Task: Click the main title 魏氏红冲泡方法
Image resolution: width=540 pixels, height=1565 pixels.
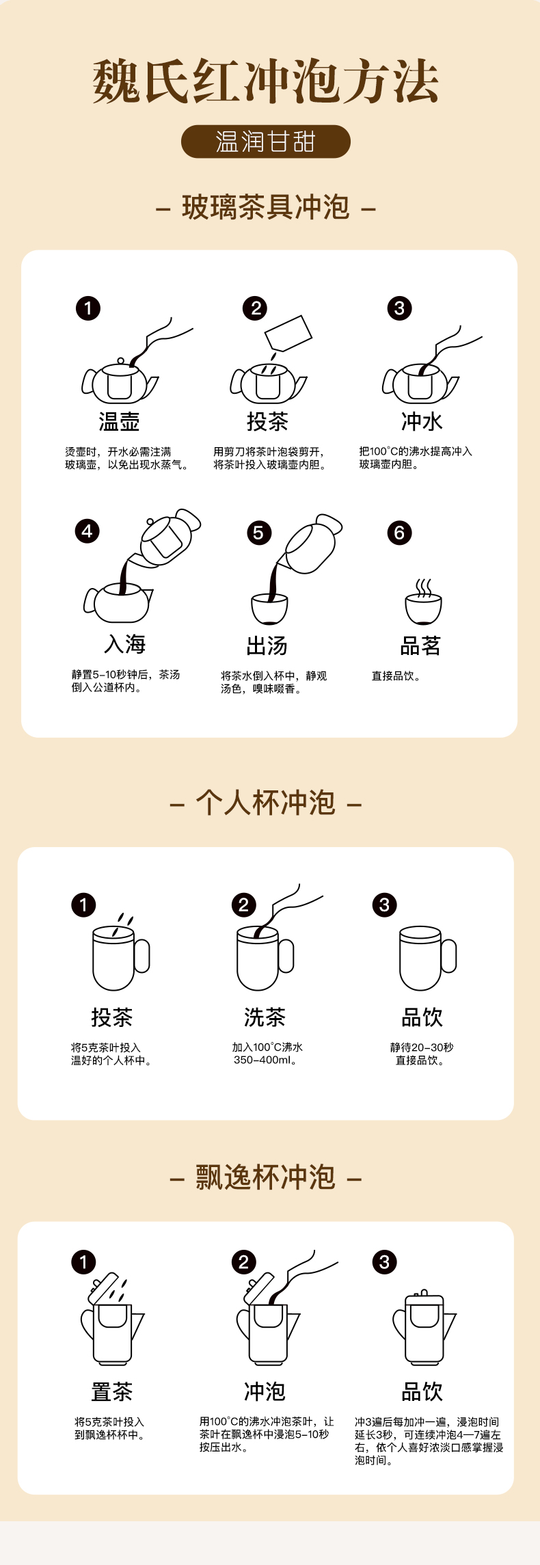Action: pyautogui.click(x=265, y=81)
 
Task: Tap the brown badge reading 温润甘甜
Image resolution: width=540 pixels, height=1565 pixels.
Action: pyautogui.click(x=265, y=142)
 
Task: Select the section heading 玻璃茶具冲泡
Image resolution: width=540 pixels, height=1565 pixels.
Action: pyautogui.click(x=266, y=207)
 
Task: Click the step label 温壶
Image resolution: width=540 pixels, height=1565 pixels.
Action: pyautogui.click(x=119, y=421)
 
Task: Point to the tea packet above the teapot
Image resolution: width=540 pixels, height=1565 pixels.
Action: pyautogui.click(x=288, y=333)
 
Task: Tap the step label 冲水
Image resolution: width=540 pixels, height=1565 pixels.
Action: pyautogui.click(x=422, y=421)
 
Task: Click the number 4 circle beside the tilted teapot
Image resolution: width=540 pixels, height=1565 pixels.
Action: pyautogui.click(x=87, y=531)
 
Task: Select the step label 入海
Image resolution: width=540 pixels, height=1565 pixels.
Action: pyautogui.click(x=125, y=644)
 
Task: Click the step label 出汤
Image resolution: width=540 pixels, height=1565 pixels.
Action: pyautogui.click(x=267, y=645)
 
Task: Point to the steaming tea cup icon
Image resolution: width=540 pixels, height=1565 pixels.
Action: pyautogui.click(x=424, y=602)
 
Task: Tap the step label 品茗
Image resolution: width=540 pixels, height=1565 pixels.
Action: pyautogui.click(x=420, y=645)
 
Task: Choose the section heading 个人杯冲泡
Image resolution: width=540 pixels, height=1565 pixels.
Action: pyautogui.click(x=266, y=803)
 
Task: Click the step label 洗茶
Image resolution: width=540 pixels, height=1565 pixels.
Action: pyautogui.click(x=265, y=1017)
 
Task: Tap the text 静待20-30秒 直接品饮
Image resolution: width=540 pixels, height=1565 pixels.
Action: pyautogui.click(x=421, y=1054)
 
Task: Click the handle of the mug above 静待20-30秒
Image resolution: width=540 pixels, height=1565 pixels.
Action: pyautogui.click(x=449, y=956)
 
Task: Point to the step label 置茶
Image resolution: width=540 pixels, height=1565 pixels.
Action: pyautogui.click(x=111, y=1391)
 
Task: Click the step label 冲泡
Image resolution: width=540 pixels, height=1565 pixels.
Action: pyautogui.click(x=265, y=1391)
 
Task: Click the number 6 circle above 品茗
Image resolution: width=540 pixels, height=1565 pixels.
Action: pyautogui.click(x=399, y=533)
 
